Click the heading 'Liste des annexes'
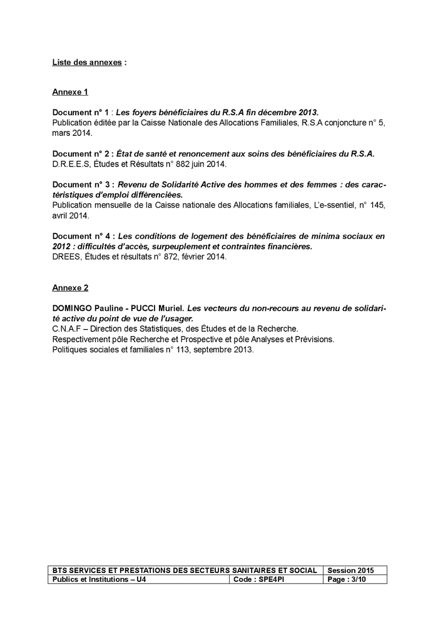click(87, 63)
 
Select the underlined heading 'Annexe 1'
click(70, 92)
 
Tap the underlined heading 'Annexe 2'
click(70, 288)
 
